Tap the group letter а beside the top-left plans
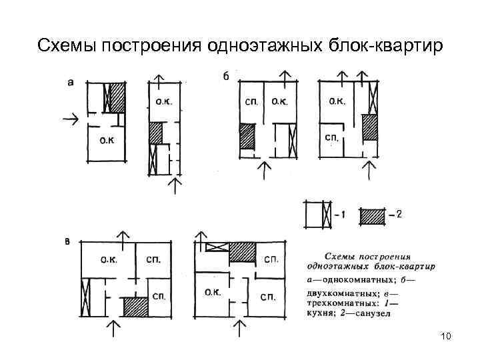click(x=71, y=82)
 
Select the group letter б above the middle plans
click(x=225, y=76)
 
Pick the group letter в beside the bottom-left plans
click(x=67, y=242)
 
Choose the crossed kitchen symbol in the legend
click(x=326, y=215)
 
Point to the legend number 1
click(x=342, y=215)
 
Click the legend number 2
click(x=398, y=215)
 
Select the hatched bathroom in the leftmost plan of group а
click(x=117, y=97)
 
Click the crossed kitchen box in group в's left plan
click(x=85, y=297)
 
